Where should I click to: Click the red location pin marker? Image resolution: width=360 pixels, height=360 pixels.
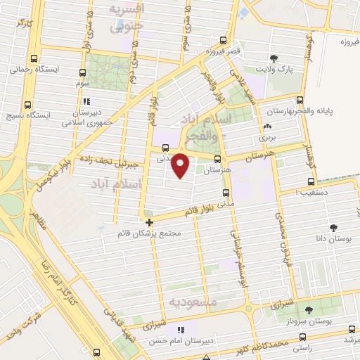(181, 165)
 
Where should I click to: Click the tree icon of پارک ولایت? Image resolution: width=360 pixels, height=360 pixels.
(274, 58)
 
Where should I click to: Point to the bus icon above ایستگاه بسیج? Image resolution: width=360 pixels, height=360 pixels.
(27, 103)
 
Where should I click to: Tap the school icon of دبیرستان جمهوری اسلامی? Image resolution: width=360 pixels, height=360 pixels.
(87, 100)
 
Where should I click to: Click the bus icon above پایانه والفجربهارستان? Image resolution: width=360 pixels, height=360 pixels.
(300, 100)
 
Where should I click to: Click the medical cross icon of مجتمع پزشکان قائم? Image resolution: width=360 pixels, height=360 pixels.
(149, 222)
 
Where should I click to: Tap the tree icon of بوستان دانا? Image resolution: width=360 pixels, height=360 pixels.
(333, 228)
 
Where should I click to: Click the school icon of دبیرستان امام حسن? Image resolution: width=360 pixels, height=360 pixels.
(181, 329)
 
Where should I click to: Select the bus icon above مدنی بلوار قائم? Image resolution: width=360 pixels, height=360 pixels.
(225, 193)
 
